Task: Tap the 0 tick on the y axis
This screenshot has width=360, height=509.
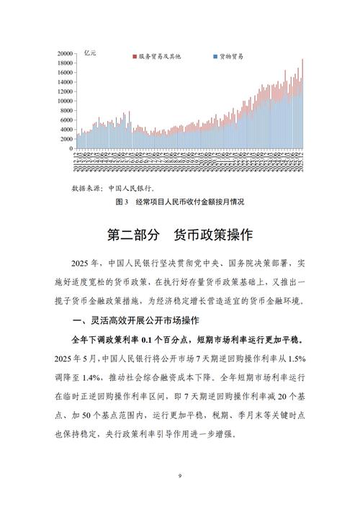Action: (x=70, y=148)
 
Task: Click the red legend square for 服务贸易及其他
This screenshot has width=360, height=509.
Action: (x=134, y=55)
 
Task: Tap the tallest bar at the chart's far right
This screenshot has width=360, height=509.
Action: (x=302, y=104)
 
